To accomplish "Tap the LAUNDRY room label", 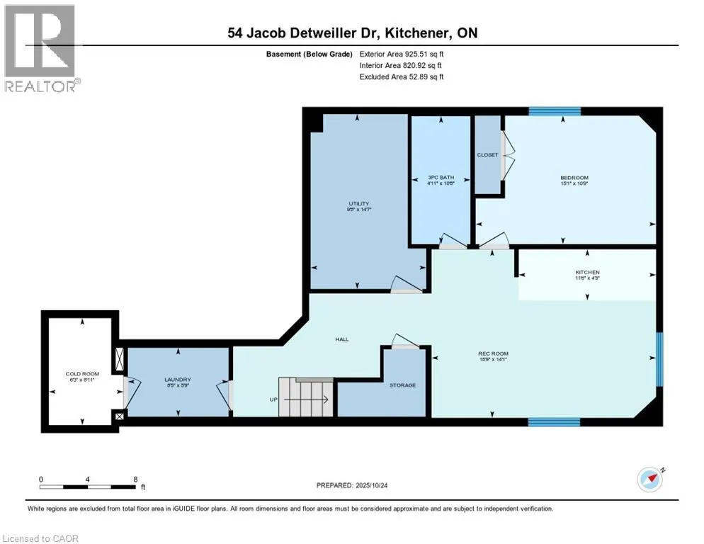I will (177, 379).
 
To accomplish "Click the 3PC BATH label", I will (441, 177).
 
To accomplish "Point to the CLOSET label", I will (487, 154).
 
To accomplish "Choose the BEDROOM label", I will (574, 177).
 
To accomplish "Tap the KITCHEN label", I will (587, 272).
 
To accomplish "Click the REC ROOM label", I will (494, 353).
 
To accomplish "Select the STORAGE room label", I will (402, 385).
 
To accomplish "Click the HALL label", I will (342, 339).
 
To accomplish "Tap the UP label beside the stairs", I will (273, 399).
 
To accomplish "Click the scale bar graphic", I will (88, 487).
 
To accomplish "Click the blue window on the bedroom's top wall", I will (555, 111).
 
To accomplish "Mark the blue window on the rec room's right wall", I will (659, 361).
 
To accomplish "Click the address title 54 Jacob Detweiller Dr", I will (352, 33).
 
